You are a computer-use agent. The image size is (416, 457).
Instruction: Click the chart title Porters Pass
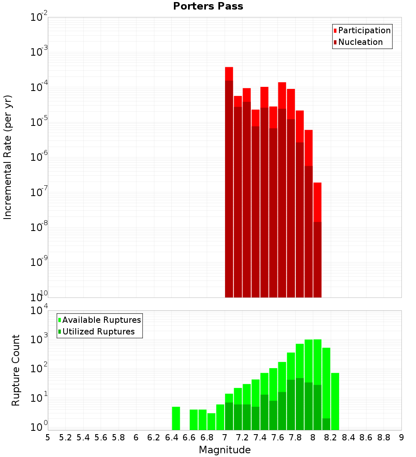208,6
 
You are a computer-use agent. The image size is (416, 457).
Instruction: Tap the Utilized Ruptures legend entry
98,332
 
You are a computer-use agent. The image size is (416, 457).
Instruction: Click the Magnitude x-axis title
225,450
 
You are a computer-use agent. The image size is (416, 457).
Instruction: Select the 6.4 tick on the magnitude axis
171,437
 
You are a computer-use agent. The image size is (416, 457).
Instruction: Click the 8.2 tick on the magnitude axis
330,437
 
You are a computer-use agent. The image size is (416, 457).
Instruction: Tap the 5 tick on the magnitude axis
48,437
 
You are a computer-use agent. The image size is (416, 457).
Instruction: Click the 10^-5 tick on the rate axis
39,122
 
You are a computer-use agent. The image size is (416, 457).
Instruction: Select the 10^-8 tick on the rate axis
39,227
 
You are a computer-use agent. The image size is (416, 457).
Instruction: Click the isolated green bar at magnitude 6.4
176,418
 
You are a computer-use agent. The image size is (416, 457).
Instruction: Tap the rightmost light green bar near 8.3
335,401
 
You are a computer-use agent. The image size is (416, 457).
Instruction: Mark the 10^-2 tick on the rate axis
39,17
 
